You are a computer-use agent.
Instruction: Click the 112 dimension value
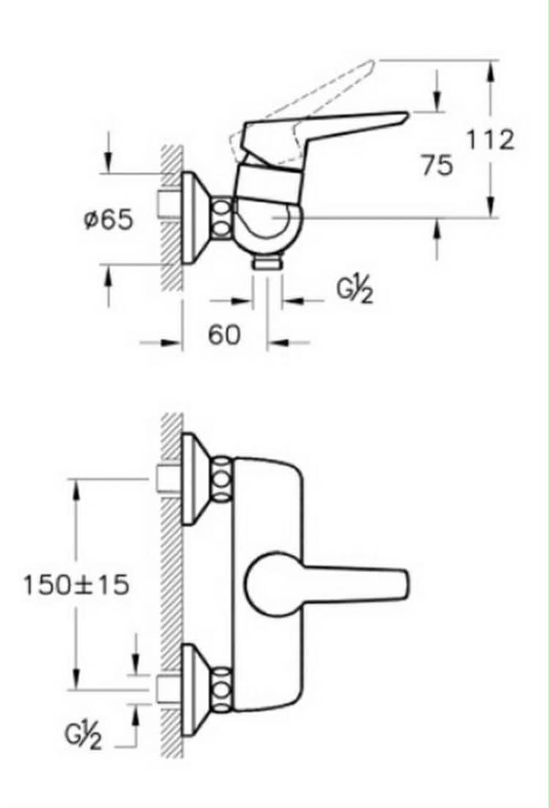click(x=490, y=140)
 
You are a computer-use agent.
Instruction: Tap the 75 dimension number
click(x=438, y=165)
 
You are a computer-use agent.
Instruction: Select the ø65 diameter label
click(x=108, y=220)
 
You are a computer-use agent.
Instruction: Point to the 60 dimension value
click(x=224, y=335)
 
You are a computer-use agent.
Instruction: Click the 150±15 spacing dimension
click(x=76, y=584)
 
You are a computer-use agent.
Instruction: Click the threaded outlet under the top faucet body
click(x=266, y=263)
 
